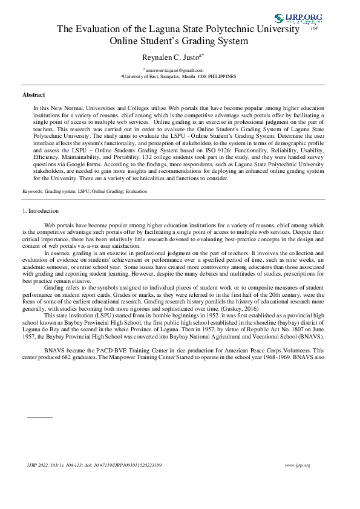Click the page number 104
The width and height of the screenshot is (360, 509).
click(x=314, y=28)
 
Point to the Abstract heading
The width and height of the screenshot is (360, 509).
click(x=34, y=95)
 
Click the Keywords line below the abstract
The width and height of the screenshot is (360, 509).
click(x=84, y=191)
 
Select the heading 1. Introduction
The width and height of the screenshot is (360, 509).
click(x=41, y=211)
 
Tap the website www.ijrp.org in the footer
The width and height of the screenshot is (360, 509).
click(x=297, y=465)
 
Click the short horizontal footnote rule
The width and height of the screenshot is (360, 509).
click(x=41, y=417)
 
